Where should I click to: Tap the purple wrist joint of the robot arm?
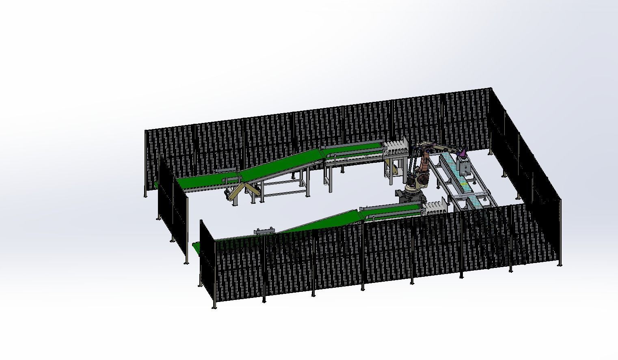pyautogui.click(x=461, y=154)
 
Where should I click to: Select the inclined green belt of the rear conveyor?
pyautogui.click(x=280, y=164)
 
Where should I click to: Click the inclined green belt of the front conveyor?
pyautogui.click(x=321, y=222)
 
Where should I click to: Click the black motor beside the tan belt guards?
pyautogui.click(x=227, y=194)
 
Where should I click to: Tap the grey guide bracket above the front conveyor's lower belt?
pyautogui.click(x=264, y=231)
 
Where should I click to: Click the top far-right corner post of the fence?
pyautogui.click(x=491, y=88)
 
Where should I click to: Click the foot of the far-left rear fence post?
pyautogui.click(x=145, y=196)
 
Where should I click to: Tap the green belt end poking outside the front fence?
pyautogui.click(x=196, y=248)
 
